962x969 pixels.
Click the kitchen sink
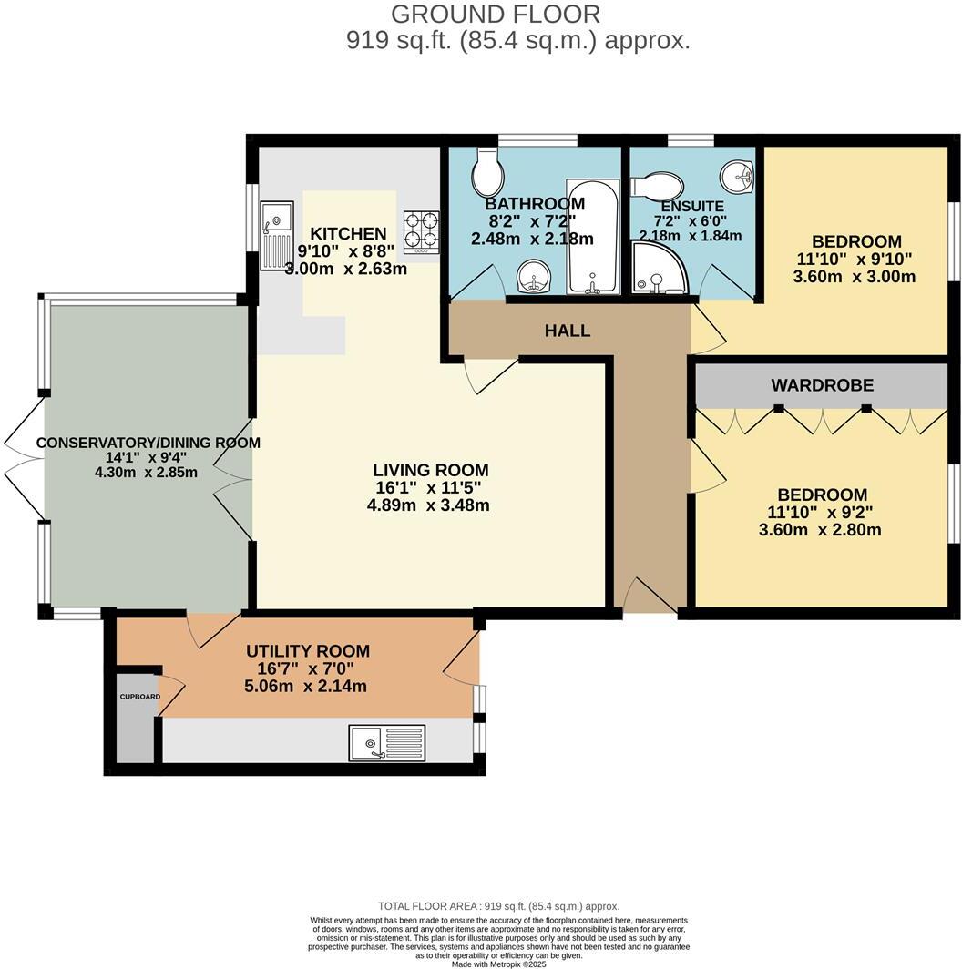click(x=275, y=236)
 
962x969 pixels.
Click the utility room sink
click(x=386, y=742)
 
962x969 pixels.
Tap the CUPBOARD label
click(x=139, y=697)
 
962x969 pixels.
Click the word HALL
click(x=568, y=331)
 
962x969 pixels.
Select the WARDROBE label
click(x=822, y=385)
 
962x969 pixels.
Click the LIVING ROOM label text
click(x=430, y=470)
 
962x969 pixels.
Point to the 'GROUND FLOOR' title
click(x=496, y=15)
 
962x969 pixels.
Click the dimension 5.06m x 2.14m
click(x=307, y=686)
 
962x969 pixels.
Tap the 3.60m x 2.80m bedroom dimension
click(x=820, y=529)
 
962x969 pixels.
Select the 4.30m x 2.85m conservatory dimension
click(x=147, y=473)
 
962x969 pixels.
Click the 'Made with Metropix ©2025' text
click(x=498, y=964)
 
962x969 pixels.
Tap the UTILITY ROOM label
click(x=308, y=650)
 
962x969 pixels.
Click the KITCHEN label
click(x=348, y=233)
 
